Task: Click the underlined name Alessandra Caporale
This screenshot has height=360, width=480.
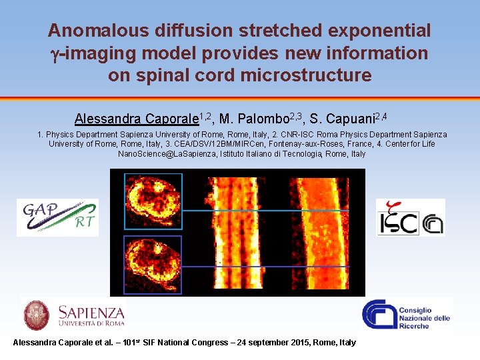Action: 137,119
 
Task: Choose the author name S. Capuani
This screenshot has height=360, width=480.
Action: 341,119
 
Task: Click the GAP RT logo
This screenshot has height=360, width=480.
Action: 57,217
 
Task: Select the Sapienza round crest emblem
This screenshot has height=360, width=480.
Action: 37,315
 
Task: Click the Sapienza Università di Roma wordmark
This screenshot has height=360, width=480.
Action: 91,315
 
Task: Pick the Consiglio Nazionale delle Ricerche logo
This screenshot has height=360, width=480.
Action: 407,315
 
